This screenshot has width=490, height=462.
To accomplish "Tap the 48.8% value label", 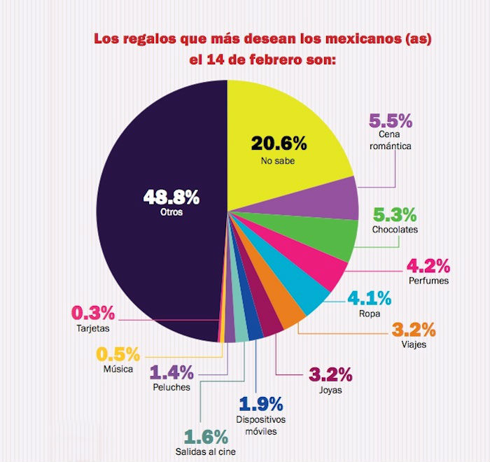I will [x=171, y=197].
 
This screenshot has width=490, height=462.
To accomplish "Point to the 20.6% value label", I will [x=279, y=144].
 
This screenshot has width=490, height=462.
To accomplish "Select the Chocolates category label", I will [x=395, y=229].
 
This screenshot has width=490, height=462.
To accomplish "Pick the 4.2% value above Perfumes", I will [x=428, y=267].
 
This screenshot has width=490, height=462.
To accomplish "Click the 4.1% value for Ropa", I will [x=369, y=299].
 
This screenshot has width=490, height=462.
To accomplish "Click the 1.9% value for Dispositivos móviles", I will [x=260, y=404].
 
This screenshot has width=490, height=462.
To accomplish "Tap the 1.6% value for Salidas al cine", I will [x=206, y=437].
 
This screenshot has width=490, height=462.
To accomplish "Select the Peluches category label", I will [x=171, y=387].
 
